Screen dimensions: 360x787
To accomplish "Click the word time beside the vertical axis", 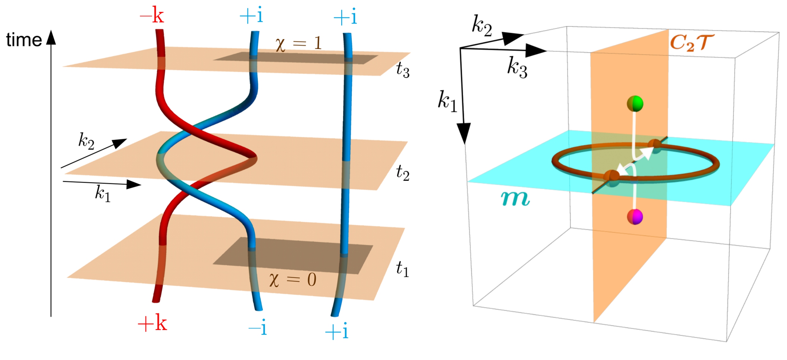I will coord(24,40).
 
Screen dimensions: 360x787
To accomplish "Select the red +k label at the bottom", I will coord(152,323).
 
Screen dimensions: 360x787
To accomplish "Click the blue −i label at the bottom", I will coord(258,328).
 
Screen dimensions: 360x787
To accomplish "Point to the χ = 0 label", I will coord(293,280).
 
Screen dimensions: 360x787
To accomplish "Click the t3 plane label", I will coord(402,70).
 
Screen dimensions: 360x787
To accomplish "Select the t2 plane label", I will coord(402,173).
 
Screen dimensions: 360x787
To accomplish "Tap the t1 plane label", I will coord(402,270).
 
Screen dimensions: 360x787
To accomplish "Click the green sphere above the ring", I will coord(635,104).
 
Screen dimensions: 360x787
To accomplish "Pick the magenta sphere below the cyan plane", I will coord(635,217).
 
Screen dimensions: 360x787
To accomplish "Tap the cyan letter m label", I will coord(515,199).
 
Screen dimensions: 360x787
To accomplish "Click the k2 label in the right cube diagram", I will coord(482,26).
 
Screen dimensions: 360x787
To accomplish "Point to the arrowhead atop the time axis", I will coord(51,37).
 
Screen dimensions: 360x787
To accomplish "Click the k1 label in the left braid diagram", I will coord(102,193).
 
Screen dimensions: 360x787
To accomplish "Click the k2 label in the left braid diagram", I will coord(86,141).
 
